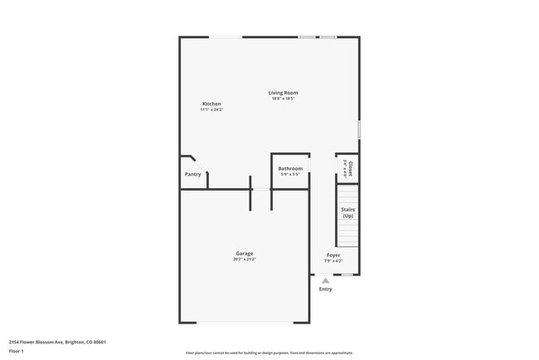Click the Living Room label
283,93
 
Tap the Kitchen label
211,104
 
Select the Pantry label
192,174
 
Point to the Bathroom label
290,168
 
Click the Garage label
245,254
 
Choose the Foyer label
333,255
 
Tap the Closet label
351,168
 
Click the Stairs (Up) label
348,212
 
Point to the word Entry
326,289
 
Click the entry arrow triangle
326,280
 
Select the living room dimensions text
283,99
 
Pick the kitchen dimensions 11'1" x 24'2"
211,109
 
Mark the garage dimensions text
245,260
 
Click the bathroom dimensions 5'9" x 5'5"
290,174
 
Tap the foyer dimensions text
333,261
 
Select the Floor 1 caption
17,351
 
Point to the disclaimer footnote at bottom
269,353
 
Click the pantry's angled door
191,158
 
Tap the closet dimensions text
345,168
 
